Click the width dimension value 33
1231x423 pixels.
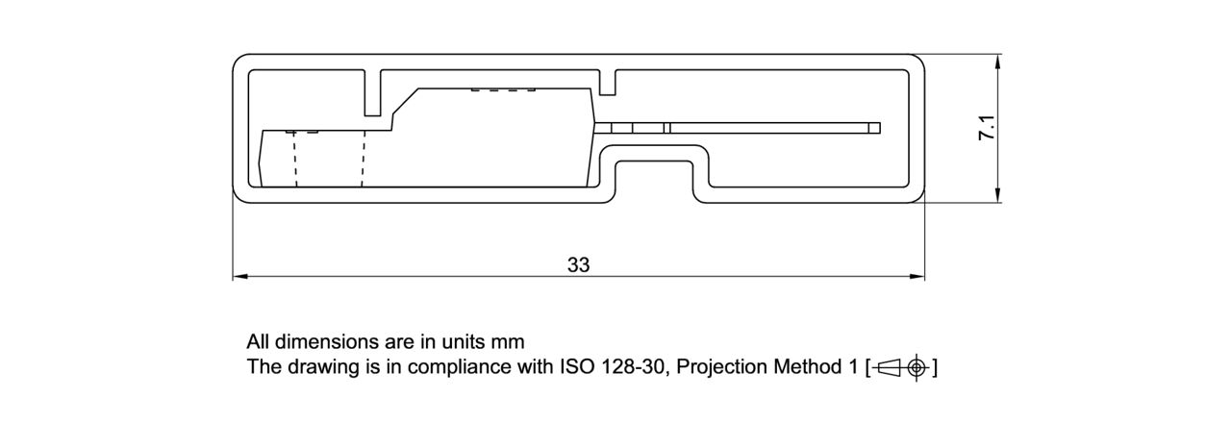click(578, 265)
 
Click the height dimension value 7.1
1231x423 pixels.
click(986, 129)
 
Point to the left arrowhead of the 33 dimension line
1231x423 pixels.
click(240, 278)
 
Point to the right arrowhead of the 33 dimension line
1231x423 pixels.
click(917, 278)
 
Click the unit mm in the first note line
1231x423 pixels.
click(507, 341)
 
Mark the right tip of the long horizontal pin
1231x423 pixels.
click(878, 128)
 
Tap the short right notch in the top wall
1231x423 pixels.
click(607, 83)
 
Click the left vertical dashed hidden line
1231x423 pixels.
click(295, 159)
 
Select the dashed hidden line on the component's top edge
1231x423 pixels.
click(502, 91)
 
